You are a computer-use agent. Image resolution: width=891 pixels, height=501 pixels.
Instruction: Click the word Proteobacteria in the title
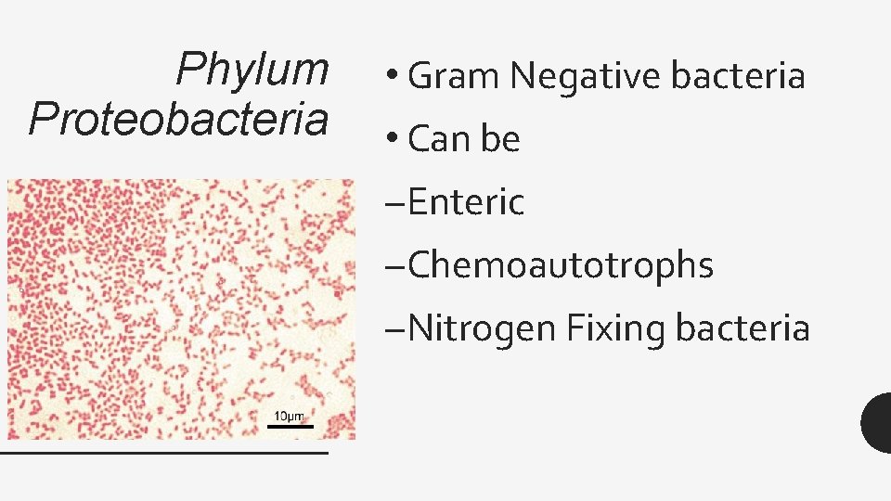[x=179, y=120]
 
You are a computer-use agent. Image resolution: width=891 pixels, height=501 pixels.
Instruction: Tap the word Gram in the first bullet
[x=455, y=75]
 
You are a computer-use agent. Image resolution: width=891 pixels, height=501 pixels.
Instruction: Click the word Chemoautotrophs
[x=561, y=265]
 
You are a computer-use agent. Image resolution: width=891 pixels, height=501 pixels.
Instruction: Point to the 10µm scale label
[x=290, y=415]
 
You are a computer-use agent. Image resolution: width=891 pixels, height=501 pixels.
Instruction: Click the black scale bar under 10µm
[x=291, y=426]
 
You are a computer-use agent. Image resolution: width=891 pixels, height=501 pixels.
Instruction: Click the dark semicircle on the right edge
[x=877, y=422]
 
